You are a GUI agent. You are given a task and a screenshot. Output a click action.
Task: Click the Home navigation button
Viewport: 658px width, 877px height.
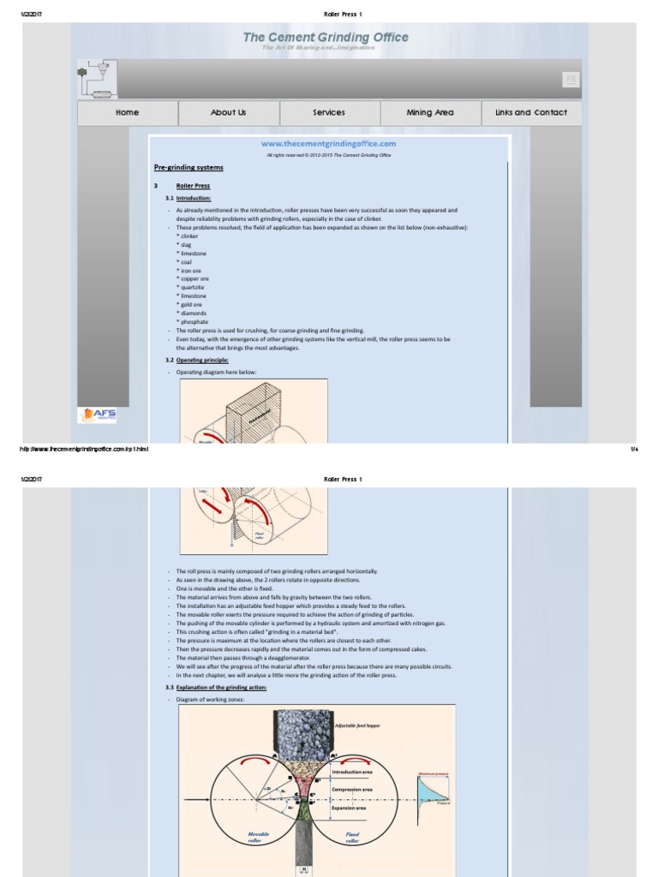click(x=128, y=113)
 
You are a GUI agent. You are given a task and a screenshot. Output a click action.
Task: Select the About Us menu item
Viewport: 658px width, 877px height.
click(x=228, y=113)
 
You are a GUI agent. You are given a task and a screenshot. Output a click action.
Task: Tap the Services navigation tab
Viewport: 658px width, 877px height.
click(x=329, y=113)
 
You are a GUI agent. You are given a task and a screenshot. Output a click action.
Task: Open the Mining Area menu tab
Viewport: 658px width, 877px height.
click(x=430, y=113)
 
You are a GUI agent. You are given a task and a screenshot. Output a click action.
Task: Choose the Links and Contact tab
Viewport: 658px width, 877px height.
click(x=531, y=113)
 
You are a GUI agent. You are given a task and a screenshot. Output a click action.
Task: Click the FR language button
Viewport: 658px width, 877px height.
click(x=571, y=79)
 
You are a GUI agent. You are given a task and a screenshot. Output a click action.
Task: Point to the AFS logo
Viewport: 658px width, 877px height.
click(x=98, y=415)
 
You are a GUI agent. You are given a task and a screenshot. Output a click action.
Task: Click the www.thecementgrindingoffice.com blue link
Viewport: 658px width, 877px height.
click(x=329, y=144)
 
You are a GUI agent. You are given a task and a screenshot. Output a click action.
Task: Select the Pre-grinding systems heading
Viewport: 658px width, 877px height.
click(x=188, y=168)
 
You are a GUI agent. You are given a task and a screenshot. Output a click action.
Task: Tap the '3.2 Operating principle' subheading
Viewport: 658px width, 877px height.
click(x=196, y=361)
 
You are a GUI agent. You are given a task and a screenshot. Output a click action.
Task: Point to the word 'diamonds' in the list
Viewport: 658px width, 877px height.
click(x=193, y=313)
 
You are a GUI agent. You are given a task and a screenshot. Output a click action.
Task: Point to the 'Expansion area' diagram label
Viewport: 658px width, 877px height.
click(x=350, y=808)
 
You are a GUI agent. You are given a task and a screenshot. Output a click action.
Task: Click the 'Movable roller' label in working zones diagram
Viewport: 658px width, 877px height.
click(x=259, y=837)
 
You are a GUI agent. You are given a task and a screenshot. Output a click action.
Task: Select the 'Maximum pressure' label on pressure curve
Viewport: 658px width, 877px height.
click(x=433, y=774)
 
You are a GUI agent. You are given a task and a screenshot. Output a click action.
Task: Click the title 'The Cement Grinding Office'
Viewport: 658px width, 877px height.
click(x=326, y=37)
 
